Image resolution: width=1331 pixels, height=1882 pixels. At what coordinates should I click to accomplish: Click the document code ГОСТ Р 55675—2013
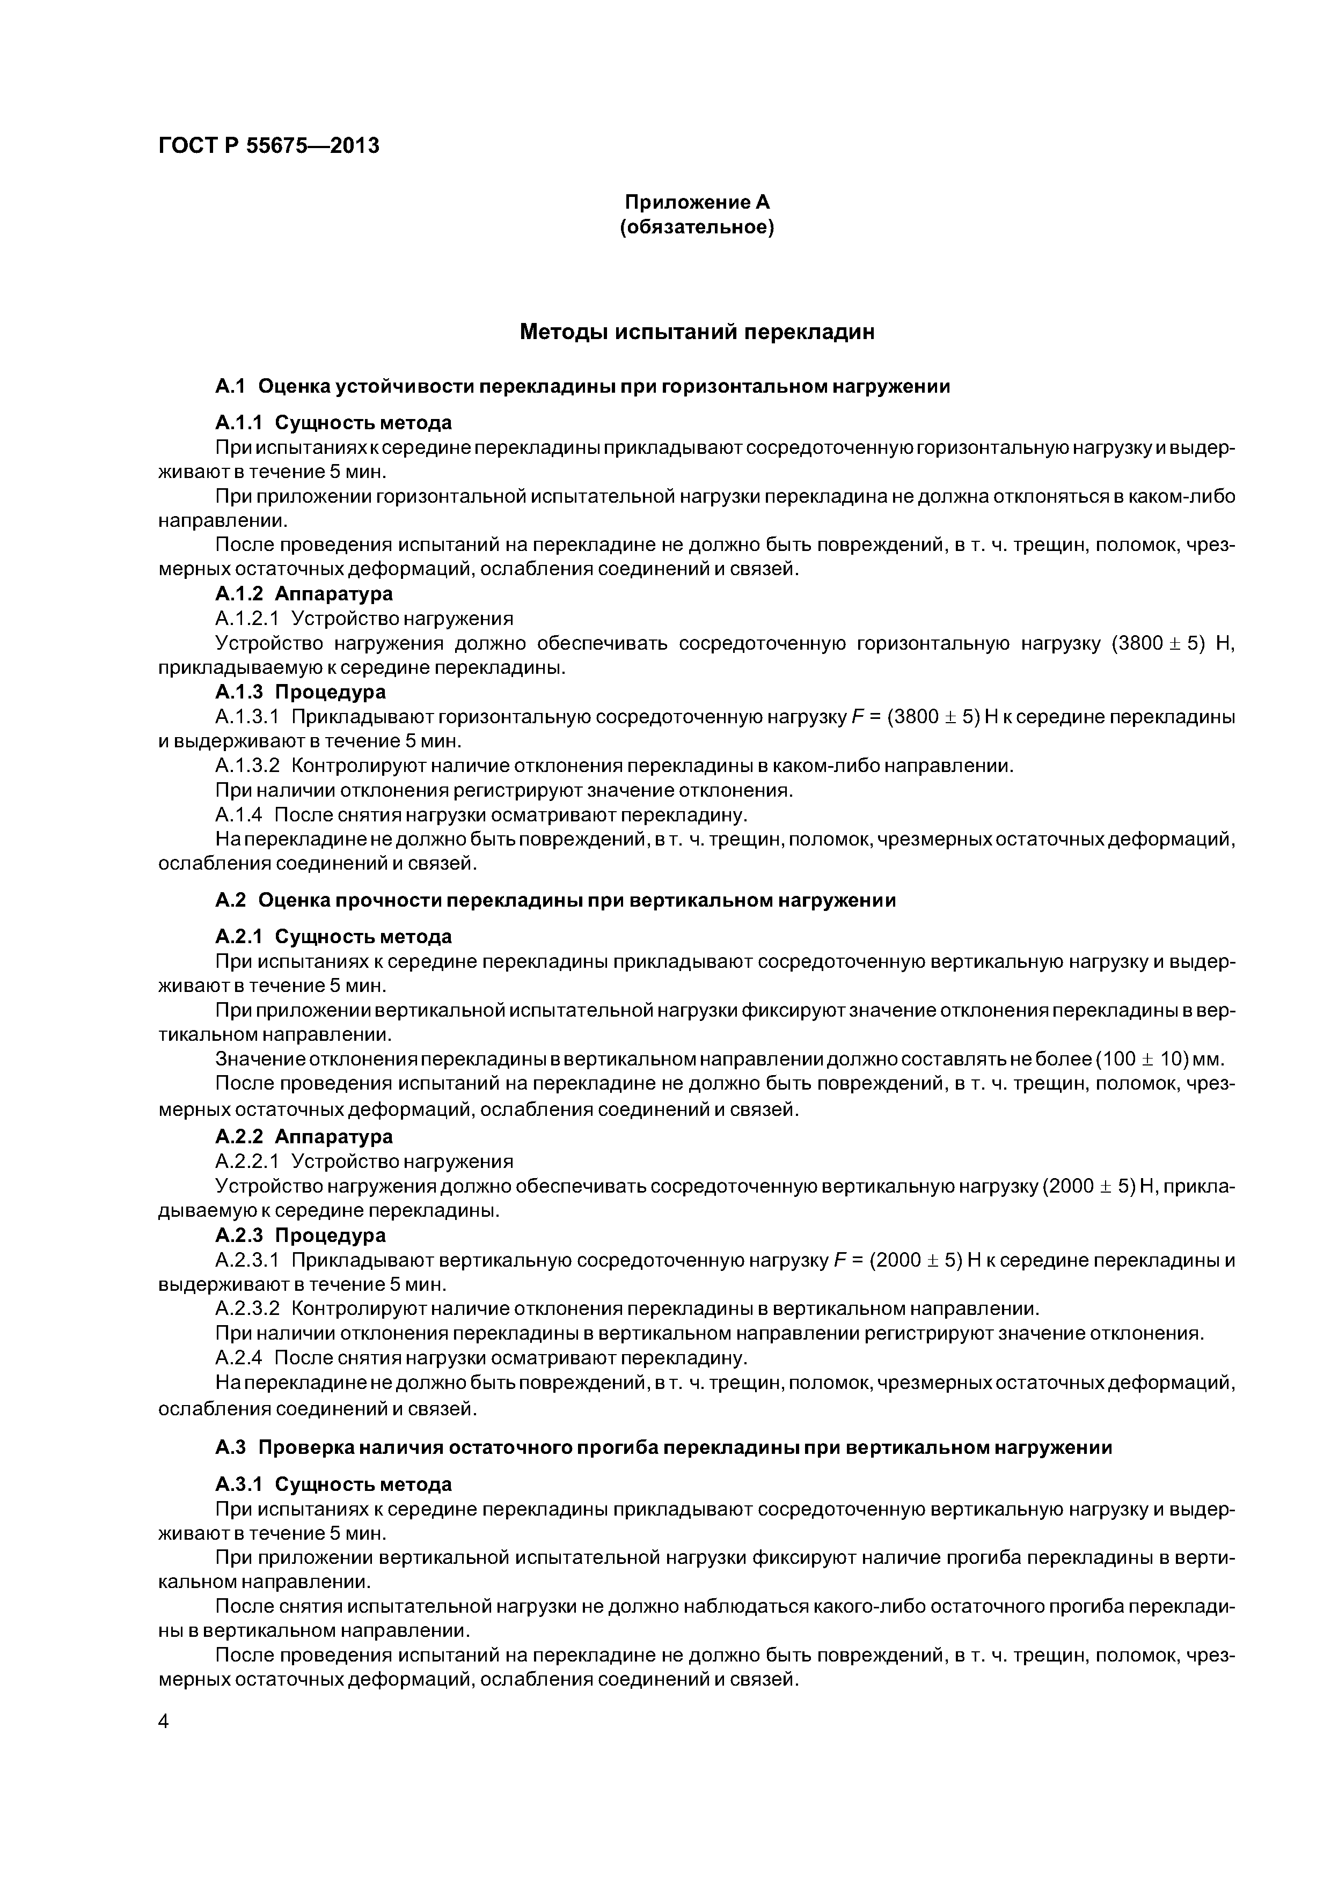pyautogui.click(x=268, y=146)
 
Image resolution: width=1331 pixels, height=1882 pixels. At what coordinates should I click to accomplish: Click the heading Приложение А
pyautogui.click(x=697, y=202)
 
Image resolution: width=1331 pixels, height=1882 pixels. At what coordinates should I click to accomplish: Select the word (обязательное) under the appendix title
pyautogui.click(x=697, y=226)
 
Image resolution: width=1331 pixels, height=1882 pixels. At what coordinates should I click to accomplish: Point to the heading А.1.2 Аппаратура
pyautogui.click(x=303, y=593)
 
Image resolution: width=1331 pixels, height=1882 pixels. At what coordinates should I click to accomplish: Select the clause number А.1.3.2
pyautogui.click(x=247, y=766)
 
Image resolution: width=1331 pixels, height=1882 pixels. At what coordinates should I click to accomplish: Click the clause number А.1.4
pyautogui.click(x=239, y=815)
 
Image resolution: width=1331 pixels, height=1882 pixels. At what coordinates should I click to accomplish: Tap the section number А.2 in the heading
pyautogui.click(x=230, y=900)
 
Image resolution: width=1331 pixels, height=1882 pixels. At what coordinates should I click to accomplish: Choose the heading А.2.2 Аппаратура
pyautogui.click(x=303, y=1136)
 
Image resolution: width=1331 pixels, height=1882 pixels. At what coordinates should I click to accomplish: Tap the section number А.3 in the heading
pyautogui.click(x=230, y=1447)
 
